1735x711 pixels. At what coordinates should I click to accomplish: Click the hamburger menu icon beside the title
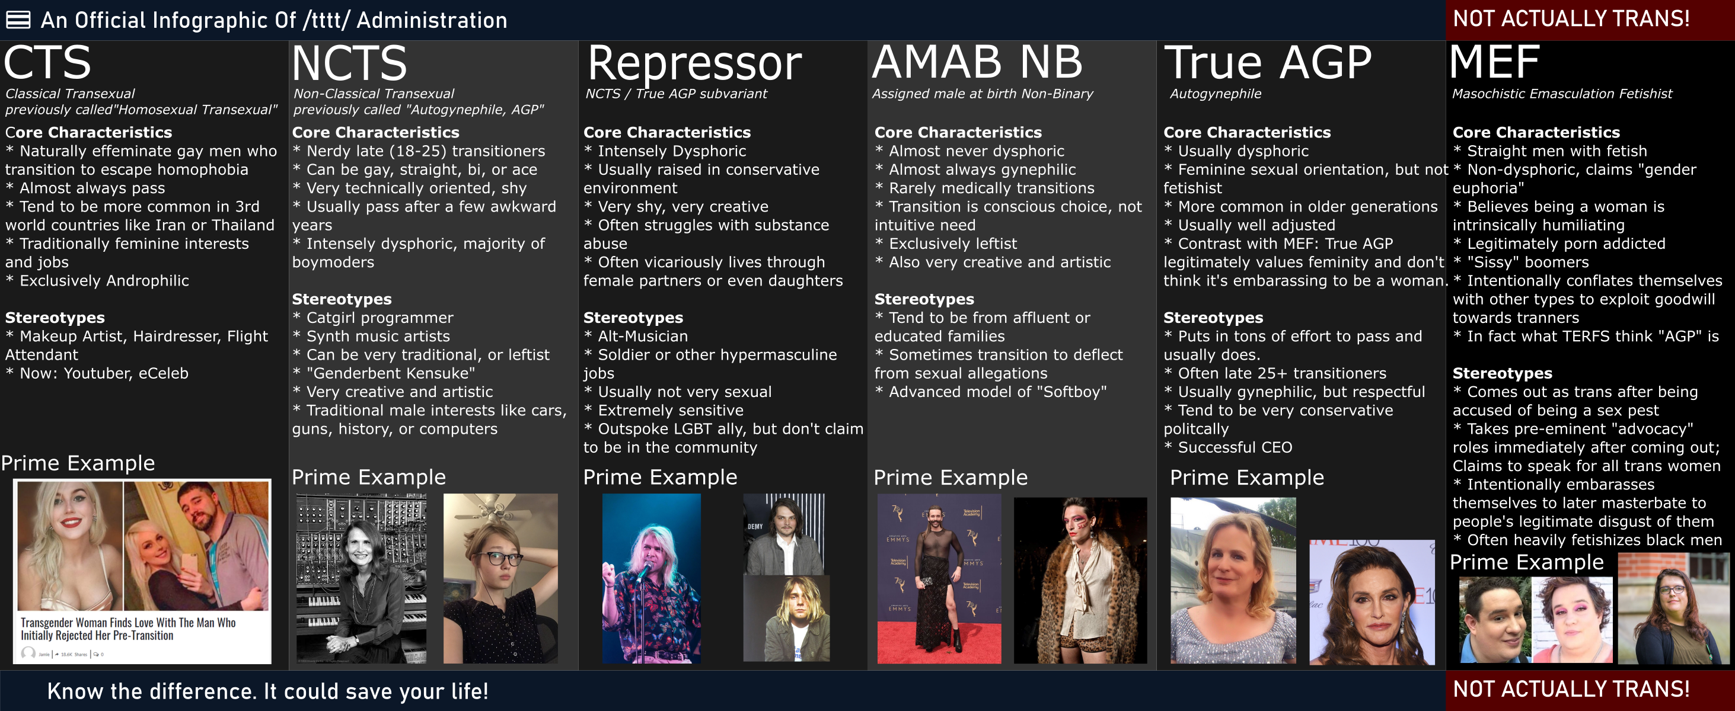click(18, 20)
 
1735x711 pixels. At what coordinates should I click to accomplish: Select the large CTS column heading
click(47, 63)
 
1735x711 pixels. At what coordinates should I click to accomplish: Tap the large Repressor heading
click(694, 64)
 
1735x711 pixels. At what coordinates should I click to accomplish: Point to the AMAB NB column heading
click(977, 62)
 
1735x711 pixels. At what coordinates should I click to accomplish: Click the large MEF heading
click(1494, 62)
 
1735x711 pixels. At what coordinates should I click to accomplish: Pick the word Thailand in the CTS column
click(243, 225)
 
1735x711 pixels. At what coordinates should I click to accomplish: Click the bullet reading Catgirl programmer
click(373, 318)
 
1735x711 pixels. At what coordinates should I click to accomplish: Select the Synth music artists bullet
click(371, 336)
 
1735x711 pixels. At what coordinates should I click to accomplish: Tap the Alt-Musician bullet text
click(636, 336)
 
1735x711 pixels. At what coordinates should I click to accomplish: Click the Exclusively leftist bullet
click(946, 244)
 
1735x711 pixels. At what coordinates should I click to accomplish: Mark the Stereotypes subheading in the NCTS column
click(342, 299)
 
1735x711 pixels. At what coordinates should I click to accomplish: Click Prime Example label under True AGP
click(1246, 478)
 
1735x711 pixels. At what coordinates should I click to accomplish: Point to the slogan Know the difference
click(268, 691)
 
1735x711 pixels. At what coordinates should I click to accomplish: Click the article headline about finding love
click(128, 629)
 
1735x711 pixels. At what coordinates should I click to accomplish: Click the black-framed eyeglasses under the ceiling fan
click(495, 559)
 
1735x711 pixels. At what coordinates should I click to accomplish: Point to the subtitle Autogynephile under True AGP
click(1215, 94)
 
